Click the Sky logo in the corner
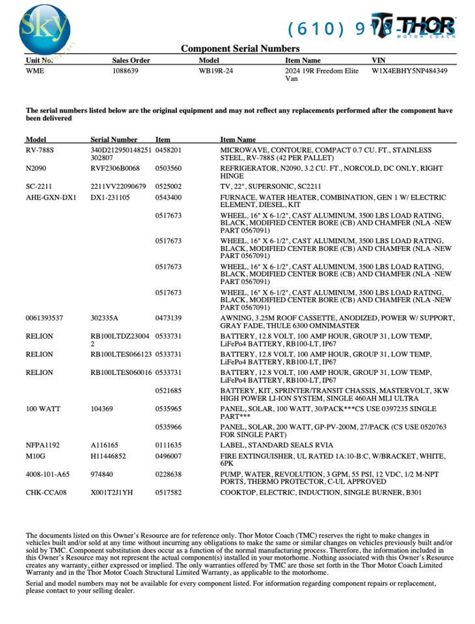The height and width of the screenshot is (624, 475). [x=44, y=29]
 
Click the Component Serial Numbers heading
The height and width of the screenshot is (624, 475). [x=240, y=49]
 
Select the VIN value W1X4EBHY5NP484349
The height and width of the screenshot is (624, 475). [x=409, y=71]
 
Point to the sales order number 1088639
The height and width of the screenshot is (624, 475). [x=125, y=71]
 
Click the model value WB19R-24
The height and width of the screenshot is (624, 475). [x=215, y=71]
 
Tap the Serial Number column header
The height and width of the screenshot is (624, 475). [x=114, y=139]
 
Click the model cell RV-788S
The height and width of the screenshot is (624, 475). [x=40, y=150]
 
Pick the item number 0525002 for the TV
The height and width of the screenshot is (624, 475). [x=168, y=187]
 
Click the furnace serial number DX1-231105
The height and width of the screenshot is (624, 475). [x=110, y=197]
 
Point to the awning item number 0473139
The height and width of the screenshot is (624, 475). [x=168, y=318]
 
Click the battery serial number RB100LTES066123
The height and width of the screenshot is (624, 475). [x=121, y=354]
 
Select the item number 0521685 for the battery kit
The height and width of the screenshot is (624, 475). [x=168, y=391]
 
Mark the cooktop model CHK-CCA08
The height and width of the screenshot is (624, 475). [x=46, y=493]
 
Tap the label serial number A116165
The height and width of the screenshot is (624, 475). [x=104, y=445]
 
